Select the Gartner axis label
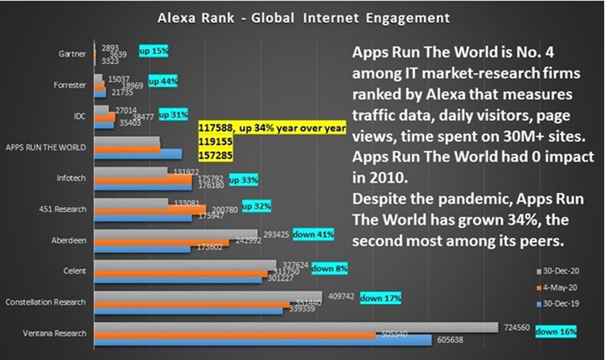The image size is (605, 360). click(74, 54)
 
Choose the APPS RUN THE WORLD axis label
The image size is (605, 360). click(46, 147)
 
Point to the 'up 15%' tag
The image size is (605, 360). click(154, 51)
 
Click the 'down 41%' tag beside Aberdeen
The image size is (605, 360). click(313, 235)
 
